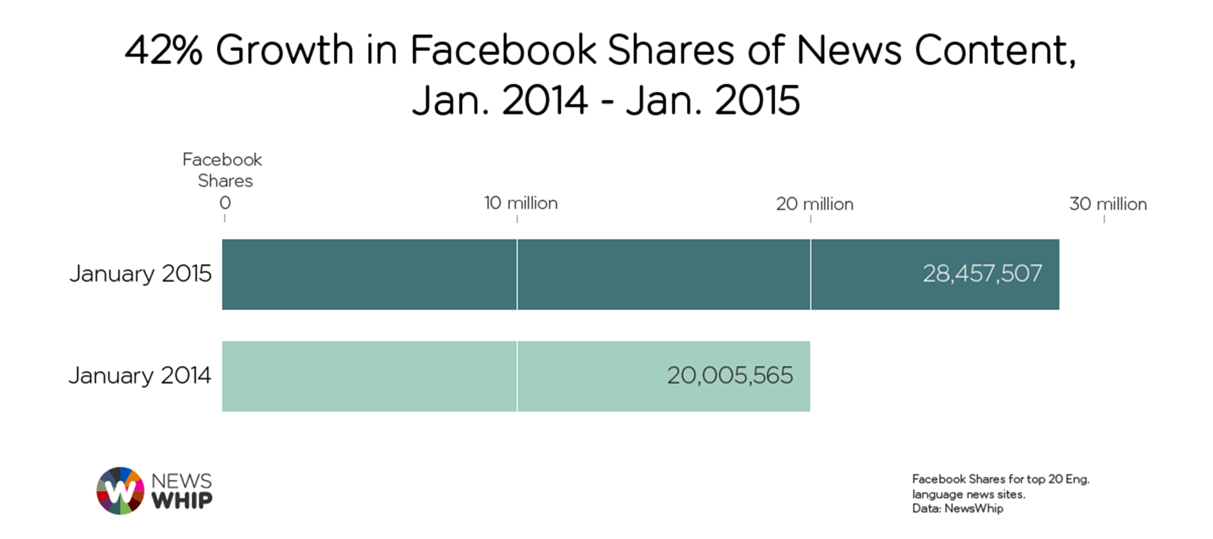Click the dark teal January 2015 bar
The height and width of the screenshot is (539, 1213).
(581, 274)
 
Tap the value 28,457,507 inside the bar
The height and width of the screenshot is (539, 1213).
(982, 274)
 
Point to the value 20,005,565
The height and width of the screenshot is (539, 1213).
(729, 376)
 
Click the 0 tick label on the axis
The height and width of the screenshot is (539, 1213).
(225, 203)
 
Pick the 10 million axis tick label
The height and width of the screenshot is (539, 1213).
(520, 203)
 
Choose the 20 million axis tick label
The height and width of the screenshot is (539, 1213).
(814, 204)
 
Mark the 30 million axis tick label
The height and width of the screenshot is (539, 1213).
(1107, 204)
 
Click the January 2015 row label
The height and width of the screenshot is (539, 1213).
(140, 274)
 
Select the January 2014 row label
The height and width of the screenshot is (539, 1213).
(139, 376)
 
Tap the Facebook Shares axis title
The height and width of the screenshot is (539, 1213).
(223, 170)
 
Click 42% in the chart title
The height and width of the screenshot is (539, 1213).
(163, 50)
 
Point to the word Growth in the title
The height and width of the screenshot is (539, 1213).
(284, 50)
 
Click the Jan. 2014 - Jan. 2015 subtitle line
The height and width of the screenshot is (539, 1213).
(606, 101)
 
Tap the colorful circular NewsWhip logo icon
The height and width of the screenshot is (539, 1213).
(120, 491)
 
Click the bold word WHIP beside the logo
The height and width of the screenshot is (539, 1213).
(181, 500)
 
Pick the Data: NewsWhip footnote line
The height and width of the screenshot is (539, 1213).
(957, 509)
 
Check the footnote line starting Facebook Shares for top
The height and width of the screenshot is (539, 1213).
(1000, 479)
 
